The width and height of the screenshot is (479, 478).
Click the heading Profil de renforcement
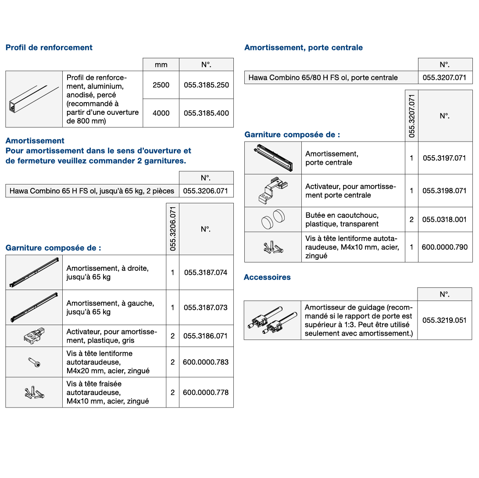point(49,48)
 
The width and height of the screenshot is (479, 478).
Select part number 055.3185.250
point(206,85)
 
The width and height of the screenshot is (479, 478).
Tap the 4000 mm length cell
point(161,113)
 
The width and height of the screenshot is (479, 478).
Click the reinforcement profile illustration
point(34,99)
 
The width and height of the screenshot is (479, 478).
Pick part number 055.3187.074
point(206,273)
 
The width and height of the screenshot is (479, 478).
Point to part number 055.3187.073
point(206,308)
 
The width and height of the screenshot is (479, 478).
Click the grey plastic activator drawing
point(34,336)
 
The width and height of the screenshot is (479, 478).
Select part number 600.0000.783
point(206,362)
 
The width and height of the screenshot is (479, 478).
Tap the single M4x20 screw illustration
point(34,362)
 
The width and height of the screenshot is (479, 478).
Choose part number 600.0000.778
point(206,393)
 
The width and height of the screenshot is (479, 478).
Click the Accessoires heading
point(267,277)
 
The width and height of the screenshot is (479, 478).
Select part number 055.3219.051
point(444,320)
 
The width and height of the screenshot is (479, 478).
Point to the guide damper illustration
point(272,321)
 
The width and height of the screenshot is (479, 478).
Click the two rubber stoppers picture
point(273,220)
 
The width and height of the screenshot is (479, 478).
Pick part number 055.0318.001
point(444,220)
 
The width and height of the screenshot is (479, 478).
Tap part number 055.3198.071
point(444,191)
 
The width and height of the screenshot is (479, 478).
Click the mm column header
point(161,65)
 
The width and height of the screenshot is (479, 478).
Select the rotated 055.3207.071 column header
point(411,116)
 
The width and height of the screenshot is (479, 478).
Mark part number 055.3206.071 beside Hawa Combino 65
point(206,191)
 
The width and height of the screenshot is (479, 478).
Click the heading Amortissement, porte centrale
point(304,48)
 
